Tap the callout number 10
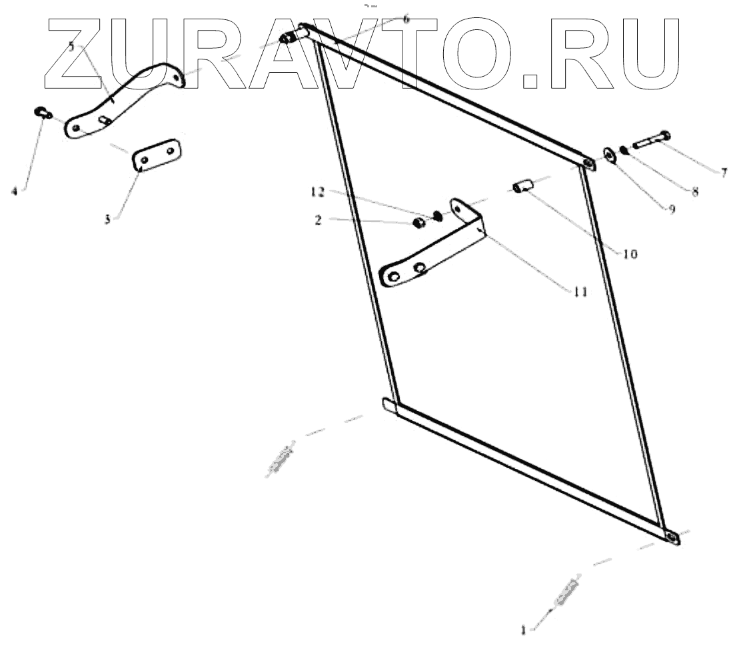[x=630, y=254]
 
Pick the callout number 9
[x=671, y=209]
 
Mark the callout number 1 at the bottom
[x=524, y=629]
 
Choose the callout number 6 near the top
[x=406, y=19]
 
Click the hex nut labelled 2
[x=416, y=223]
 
